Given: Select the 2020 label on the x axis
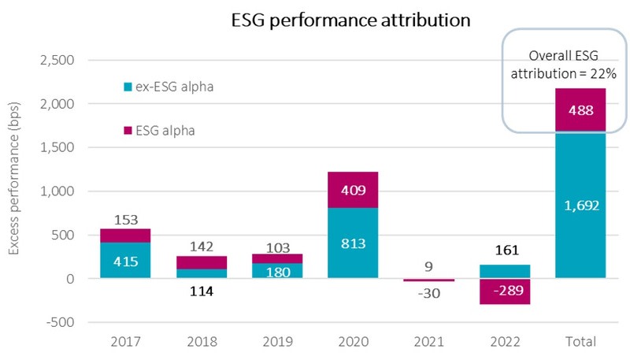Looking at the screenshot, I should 354,343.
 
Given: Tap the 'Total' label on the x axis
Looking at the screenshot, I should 580,343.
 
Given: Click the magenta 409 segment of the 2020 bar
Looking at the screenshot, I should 354,189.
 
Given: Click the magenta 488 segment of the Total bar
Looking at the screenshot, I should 580,110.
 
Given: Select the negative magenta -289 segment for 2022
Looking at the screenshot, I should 505,291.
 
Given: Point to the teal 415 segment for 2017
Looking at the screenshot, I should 126,260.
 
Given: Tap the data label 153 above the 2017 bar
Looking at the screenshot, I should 126,221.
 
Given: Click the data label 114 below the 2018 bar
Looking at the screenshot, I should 202,291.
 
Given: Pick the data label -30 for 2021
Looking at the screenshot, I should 429,293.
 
